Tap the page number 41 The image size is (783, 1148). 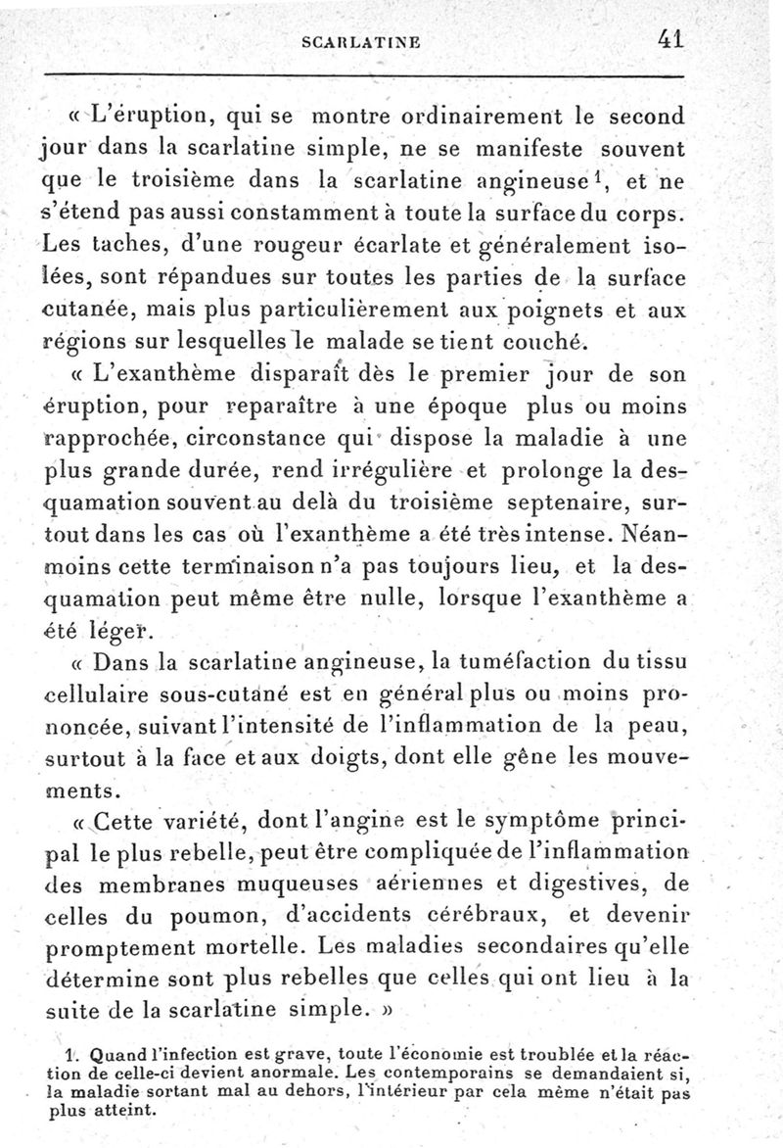point(669,39)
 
